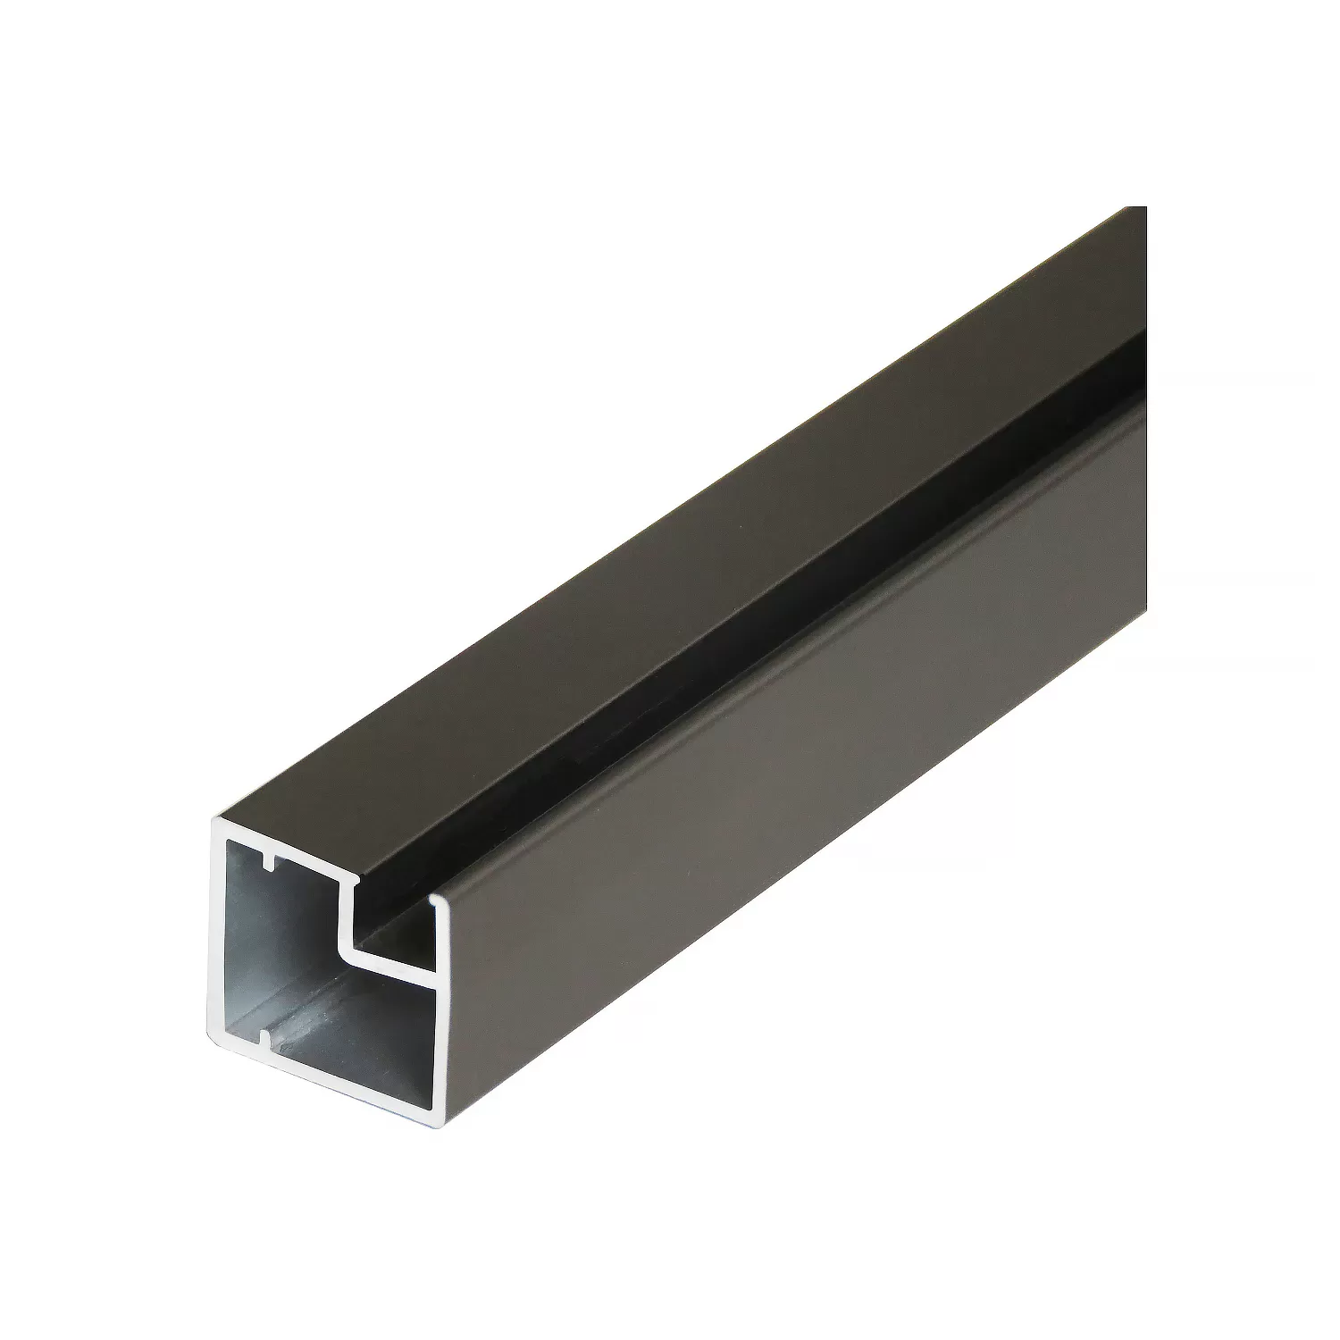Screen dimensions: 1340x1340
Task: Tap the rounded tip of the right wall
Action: pyautogui.click(x=435, y=898)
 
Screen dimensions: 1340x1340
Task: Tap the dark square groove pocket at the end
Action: pyautogui.click(x=393, y=929)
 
